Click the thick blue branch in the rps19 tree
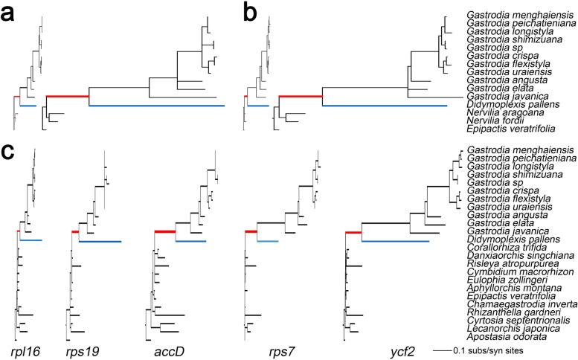coord(100,241)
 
